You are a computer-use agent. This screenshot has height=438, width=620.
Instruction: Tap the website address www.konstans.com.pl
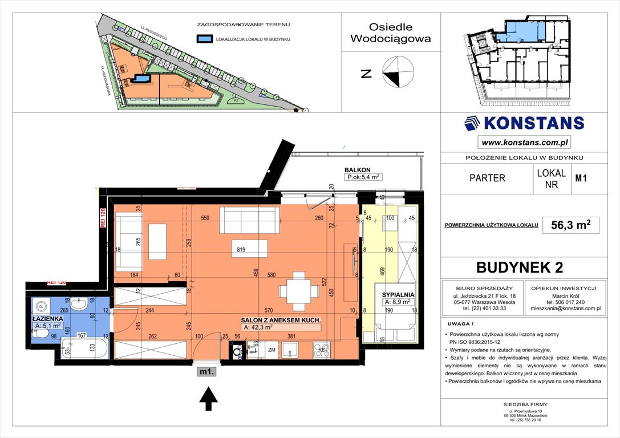click(524, 142)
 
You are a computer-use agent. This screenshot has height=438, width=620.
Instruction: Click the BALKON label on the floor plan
click(358, 169)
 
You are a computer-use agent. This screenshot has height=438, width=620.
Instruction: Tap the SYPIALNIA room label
click(398, 295)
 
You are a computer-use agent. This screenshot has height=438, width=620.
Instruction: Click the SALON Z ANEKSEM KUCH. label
click(281, 321)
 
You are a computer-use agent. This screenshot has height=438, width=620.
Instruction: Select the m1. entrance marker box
click(206, 372)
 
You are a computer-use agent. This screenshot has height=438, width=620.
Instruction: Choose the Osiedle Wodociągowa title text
click(391, 33)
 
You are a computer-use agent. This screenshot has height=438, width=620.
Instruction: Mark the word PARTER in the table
click(487, 178)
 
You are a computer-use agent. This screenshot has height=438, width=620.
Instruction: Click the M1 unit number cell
click(581, 178)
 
